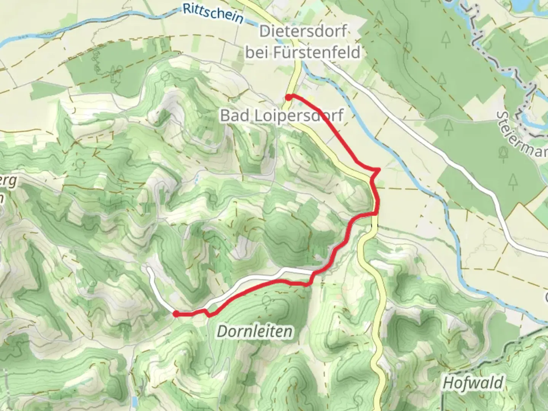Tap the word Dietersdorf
(303, 31)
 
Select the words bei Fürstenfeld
(303, 52)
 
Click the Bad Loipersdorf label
(282, 115)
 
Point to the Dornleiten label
(255, 331)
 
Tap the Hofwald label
(473, 383)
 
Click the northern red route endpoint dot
(289, 97)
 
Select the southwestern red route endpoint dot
(176, 314)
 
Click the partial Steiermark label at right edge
(523, 133)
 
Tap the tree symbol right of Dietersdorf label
(379, 17)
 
